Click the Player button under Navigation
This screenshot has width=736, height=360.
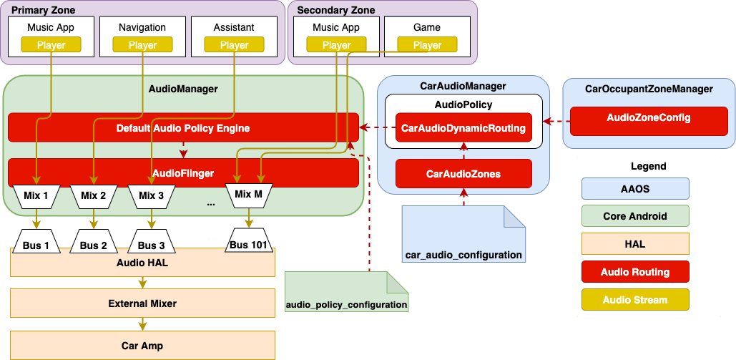point(142,45)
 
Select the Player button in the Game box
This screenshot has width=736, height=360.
point(427,45)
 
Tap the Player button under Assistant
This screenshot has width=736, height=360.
point(234,45)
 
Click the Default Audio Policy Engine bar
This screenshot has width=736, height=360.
point(183,128)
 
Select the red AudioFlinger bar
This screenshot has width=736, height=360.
point(183,173)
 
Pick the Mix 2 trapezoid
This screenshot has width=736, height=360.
point(93,195)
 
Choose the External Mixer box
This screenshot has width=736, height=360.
point(142,303)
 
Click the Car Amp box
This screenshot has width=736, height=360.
point(142,346)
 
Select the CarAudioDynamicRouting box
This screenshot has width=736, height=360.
point(463,128)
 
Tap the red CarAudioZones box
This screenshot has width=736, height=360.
point(463,174)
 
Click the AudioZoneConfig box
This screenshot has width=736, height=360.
point(648,117)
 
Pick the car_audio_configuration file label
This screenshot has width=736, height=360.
point(463,254)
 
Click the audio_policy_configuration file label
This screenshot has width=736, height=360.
point(346,304)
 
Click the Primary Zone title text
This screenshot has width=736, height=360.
point(42,10)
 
